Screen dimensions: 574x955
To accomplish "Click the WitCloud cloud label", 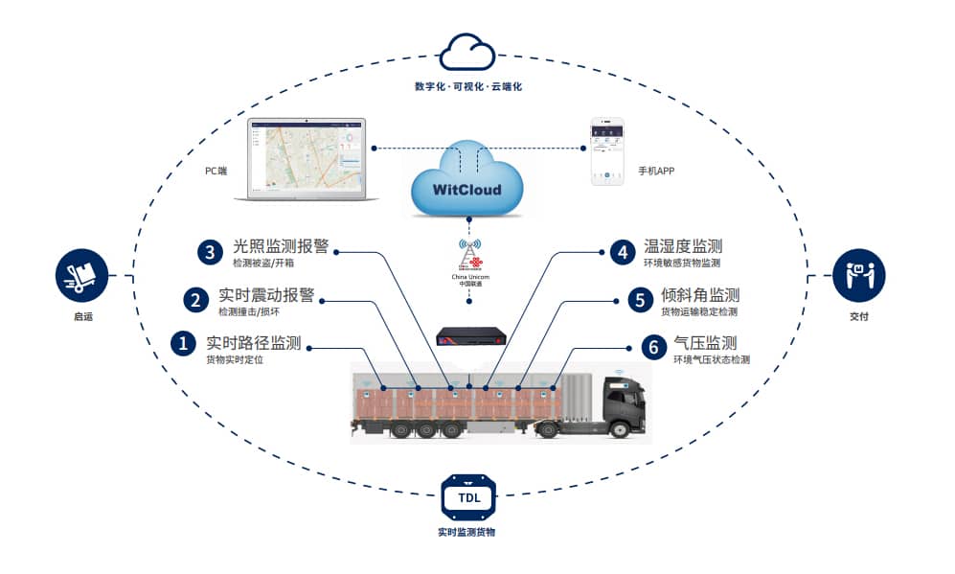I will click(x=466, y=189).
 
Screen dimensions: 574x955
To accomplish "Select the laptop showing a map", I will click(x=306, y=159).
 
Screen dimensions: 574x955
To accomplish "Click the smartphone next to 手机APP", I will click(x=606, y=150).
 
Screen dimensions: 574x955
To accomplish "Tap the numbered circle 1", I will click(x=182, y=344).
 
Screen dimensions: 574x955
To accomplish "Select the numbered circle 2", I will click(x=195, y=300).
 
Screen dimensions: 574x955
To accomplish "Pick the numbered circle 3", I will click(x=210, y=252).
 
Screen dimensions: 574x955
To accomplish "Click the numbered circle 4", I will click(x=623, y=252).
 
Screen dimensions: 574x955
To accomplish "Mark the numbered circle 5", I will click(x=639, y=300).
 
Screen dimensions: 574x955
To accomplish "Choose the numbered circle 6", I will click(x=653, y=347).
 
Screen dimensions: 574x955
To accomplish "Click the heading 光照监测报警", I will click(x=281, y=246).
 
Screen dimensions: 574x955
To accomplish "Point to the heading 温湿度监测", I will click(x=682, y=246).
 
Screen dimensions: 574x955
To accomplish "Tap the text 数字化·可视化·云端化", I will click(x=467, y=87).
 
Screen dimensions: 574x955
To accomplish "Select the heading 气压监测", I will click(x=704, y=343).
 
